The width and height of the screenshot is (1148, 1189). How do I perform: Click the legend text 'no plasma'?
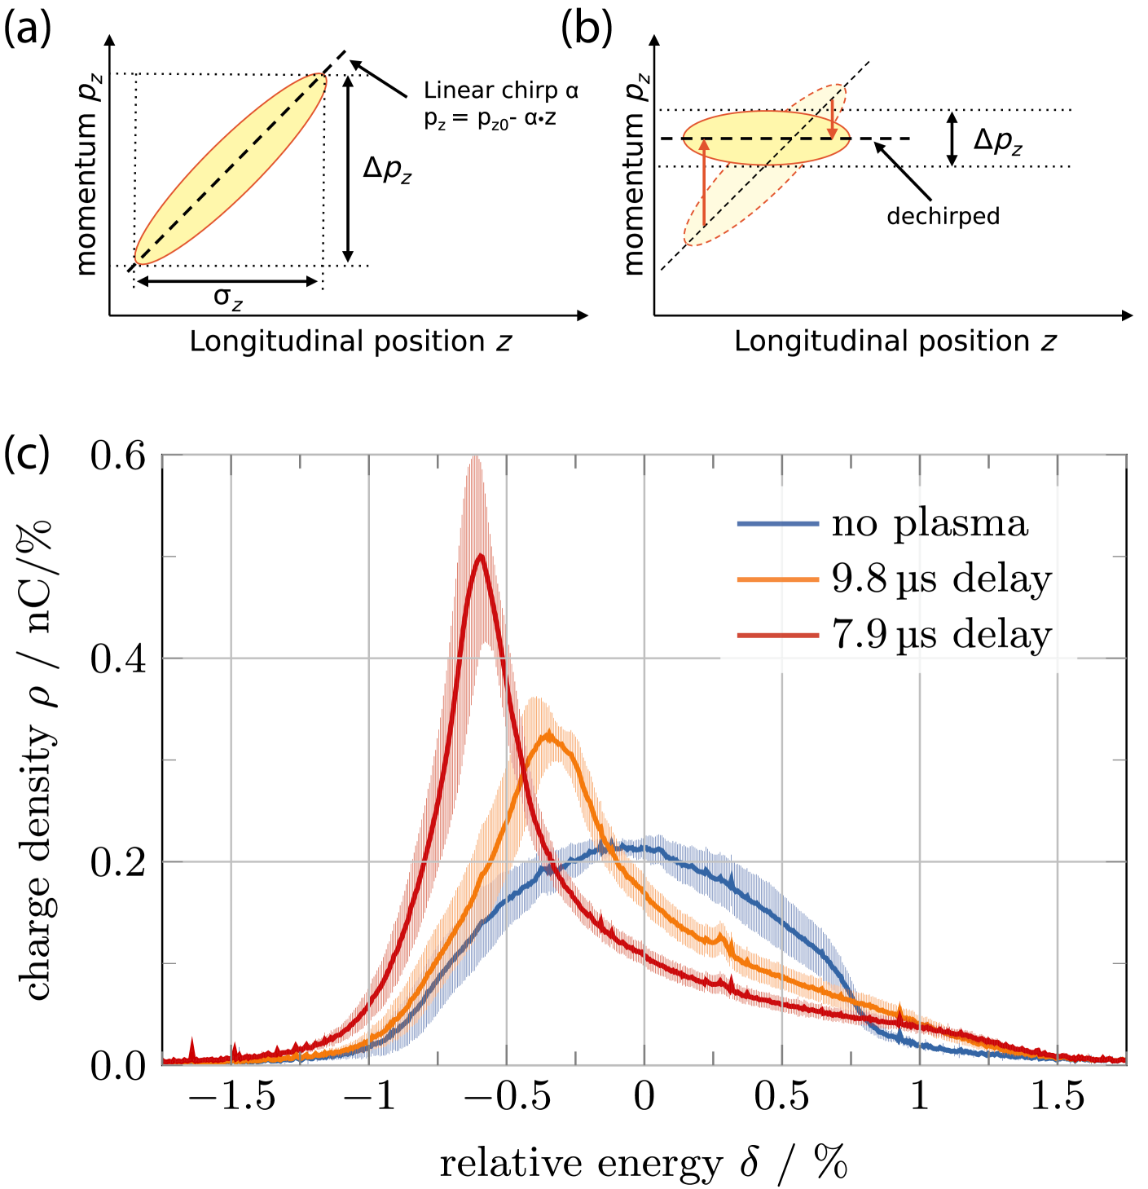coord(930,523)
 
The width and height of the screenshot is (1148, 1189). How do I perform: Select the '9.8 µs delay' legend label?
coord(941,579)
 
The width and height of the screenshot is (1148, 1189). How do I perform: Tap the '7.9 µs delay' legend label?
coord(941,634)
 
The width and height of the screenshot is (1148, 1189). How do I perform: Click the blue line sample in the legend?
coord(777,523)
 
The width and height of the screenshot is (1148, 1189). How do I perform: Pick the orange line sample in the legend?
coord(777,579)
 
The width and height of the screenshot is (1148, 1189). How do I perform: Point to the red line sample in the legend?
coord(777,635)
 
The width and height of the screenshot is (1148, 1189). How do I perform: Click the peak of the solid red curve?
coord(481,556)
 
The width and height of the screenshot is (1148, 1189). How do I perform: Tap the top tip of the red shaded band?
coord(475,458)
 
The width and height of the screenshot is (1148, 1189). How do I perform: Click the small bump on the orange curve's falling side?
coord(719,927)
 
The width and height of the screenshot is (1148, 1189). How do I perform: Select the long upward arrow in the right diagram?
coord(704,183)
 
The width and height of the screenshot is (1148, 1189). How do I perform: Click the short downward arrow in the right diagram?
coord(832,119)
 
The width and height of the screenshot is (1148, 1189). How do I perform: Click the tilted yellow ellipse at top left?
coord(231,169)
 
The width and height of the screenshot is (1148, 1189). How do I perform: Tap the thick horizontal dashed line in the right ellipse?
coord(766,139)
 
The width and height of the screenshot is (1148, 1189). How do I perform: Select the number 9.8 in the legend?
coord(859,579)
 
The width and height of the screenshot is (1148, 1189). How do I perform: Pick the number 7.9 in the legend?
coord(859,634)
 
